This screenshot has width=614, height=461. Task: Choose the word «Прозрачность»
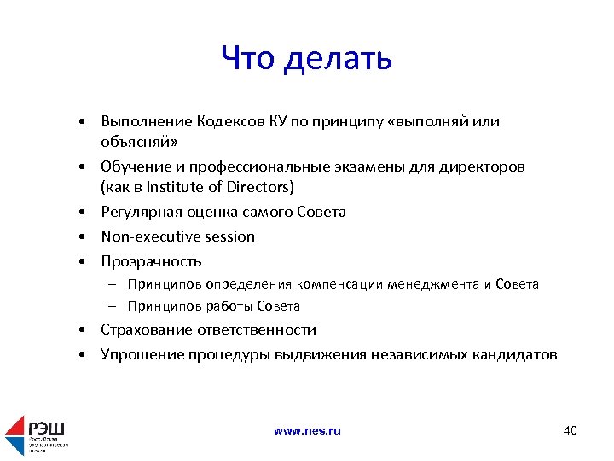point(151,261)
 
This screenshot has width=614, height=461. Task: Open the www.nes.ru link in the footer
point(307,431)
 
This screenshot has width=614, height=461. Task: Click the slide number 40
point(570,430)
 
